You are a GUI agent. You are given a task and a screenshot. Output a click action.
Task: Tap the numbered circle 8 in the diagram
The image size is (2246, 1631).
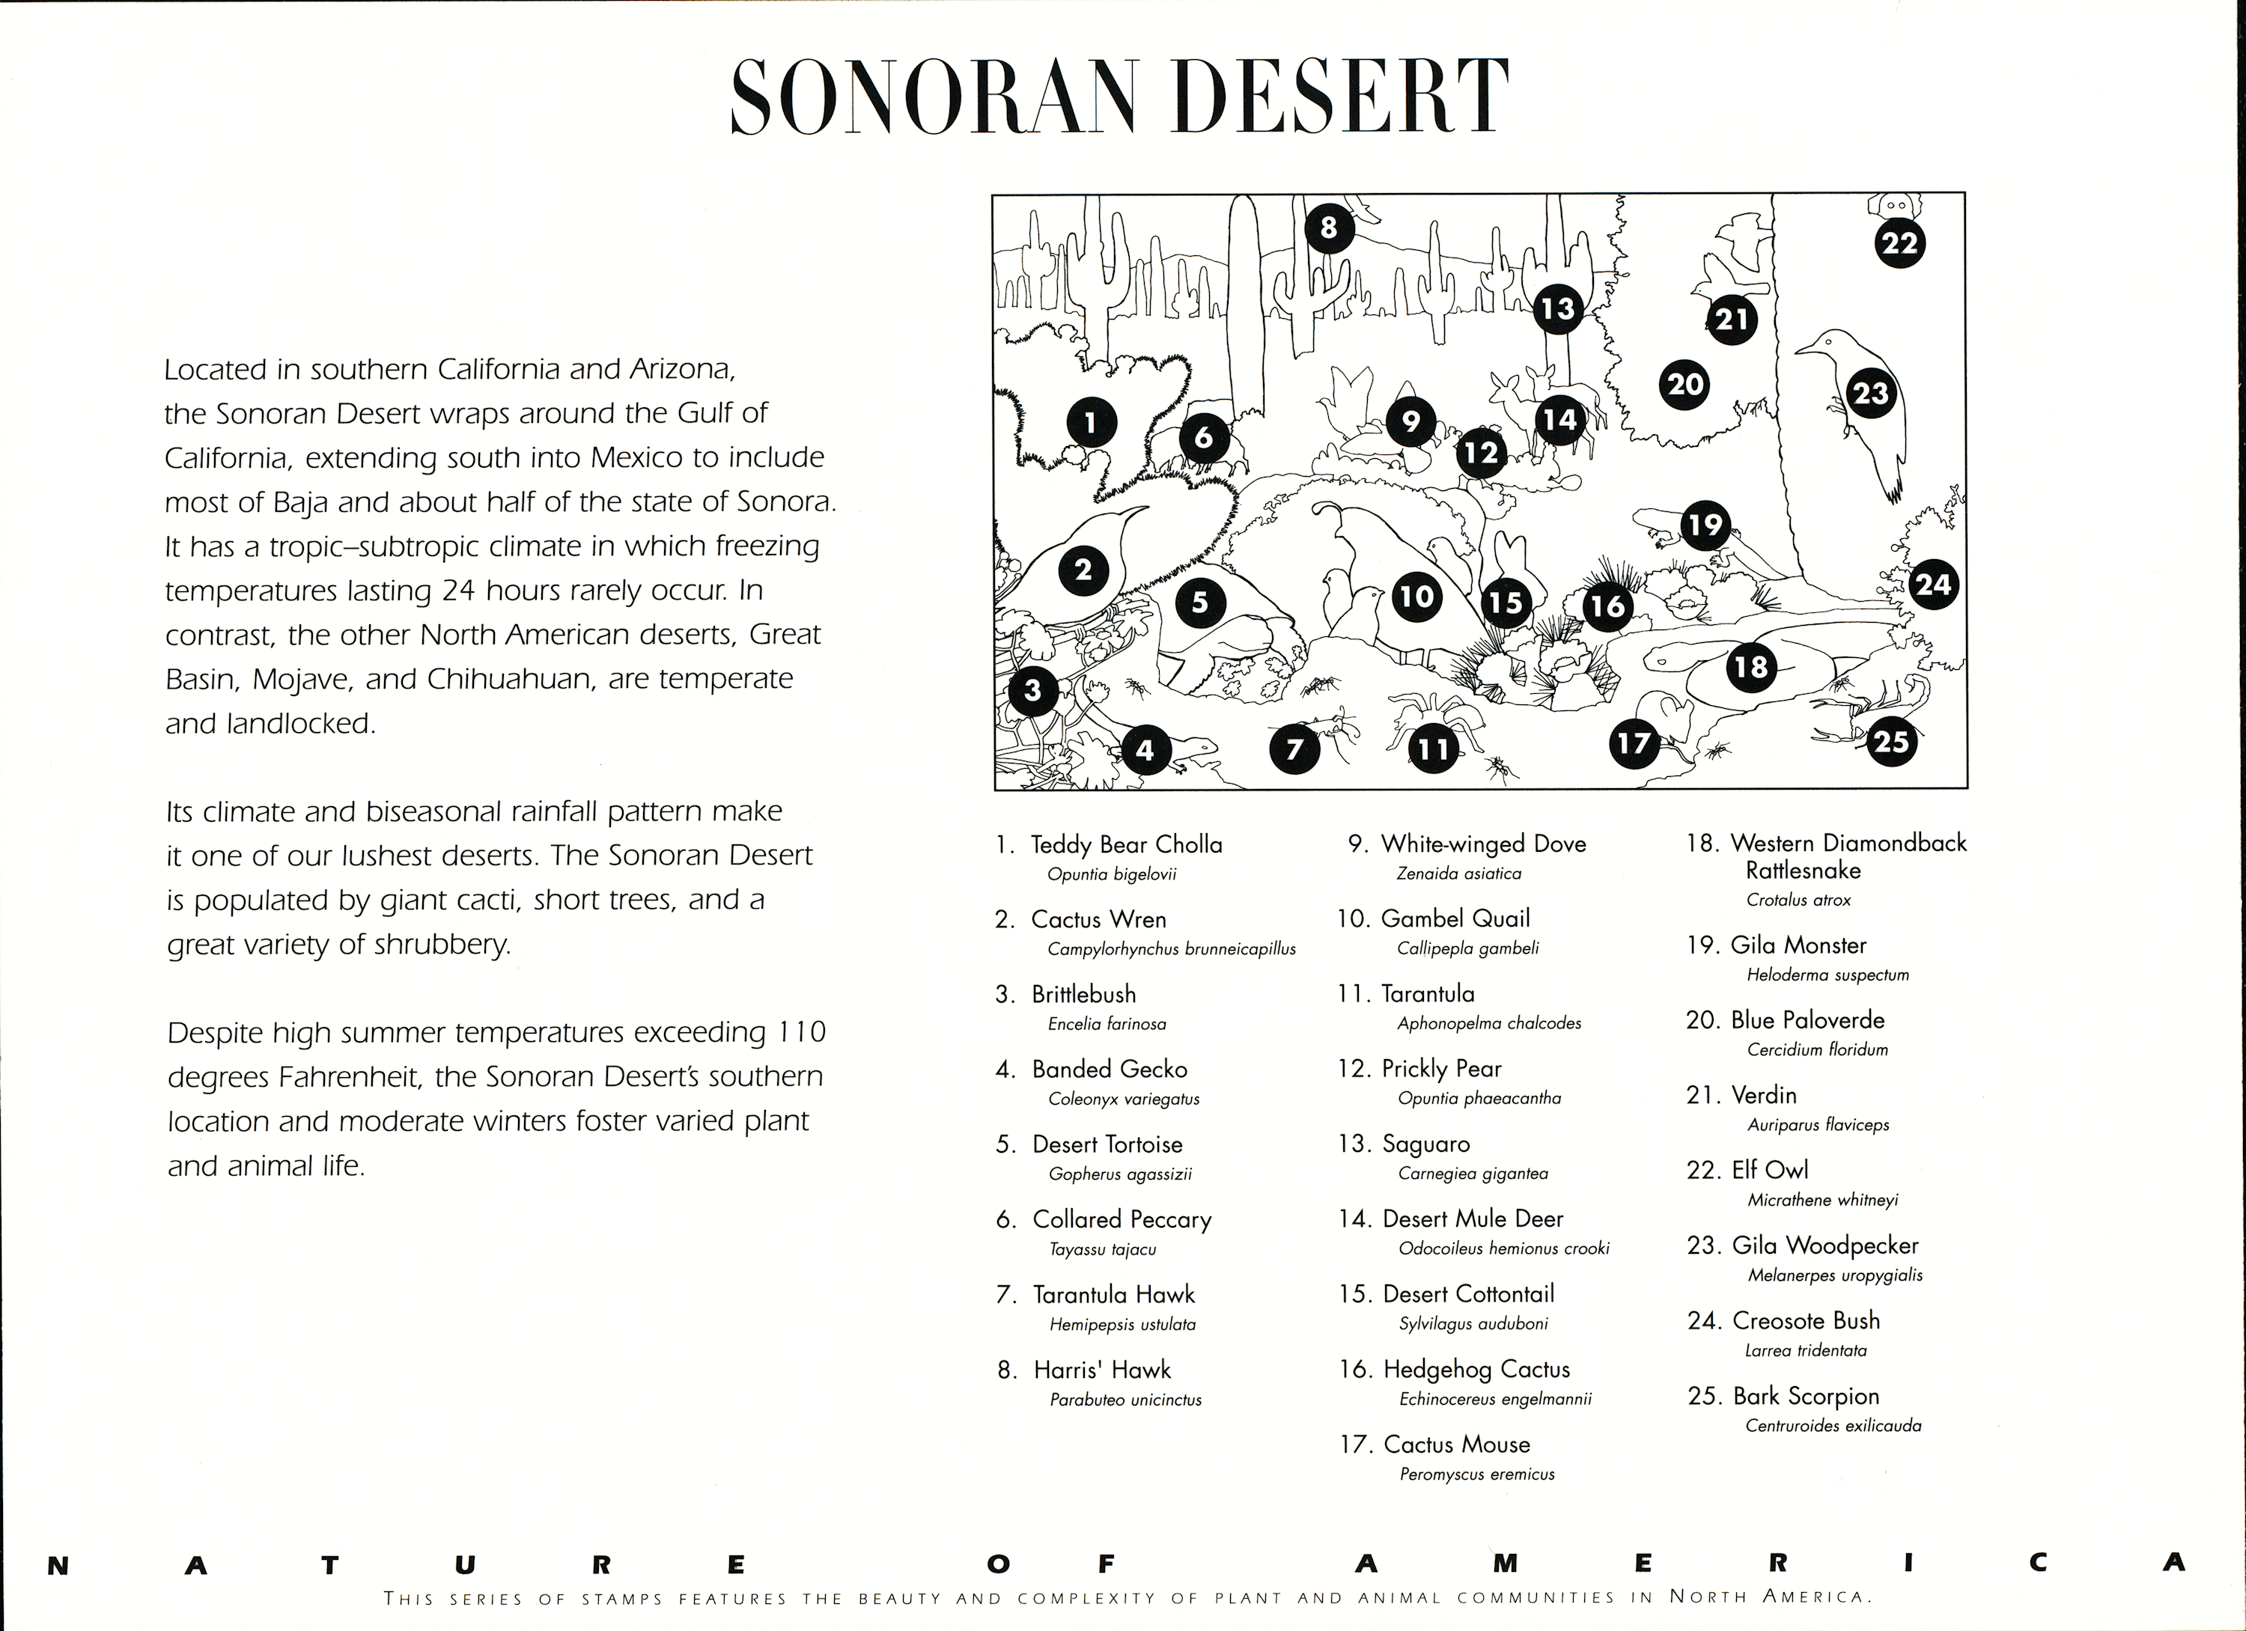(x=1328, y=228)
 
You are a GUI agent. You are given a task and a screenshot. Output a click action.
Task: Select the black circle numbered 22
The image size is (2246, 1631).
(x=1899, y=243)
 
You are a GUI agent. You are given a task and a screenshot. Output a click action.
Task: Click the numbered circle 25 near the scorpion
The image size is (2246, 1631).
(x=1890, y=741)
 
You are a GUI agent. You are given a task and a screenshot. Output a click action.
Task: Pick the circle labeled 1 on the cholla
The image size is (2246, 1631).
(x=1090, y=424)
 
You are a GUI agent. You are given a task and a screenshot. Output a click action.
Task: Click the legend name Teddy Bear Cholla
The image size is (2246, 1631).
(x=1126, y=845)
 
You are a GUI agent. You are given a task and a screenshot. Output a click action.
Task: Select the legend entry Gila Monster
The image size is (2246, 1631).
(x=1798, y=945)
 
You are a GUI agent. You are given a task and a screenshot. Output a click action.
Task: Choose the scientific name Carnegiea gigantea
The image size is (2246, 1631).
(x=1473, y=1174)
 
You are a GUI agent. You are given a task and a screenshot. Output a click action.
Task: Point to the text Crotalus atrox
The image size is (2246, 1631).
(x=1798, y=900)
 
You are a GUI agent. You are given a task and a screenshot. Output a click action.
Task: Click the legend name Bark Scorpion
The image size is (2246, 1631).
(x=1805, y=1396)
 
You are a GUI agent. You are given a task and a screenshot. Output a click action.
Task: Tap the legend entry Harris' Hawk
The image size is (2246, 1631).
(x=1101, y=1370)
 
